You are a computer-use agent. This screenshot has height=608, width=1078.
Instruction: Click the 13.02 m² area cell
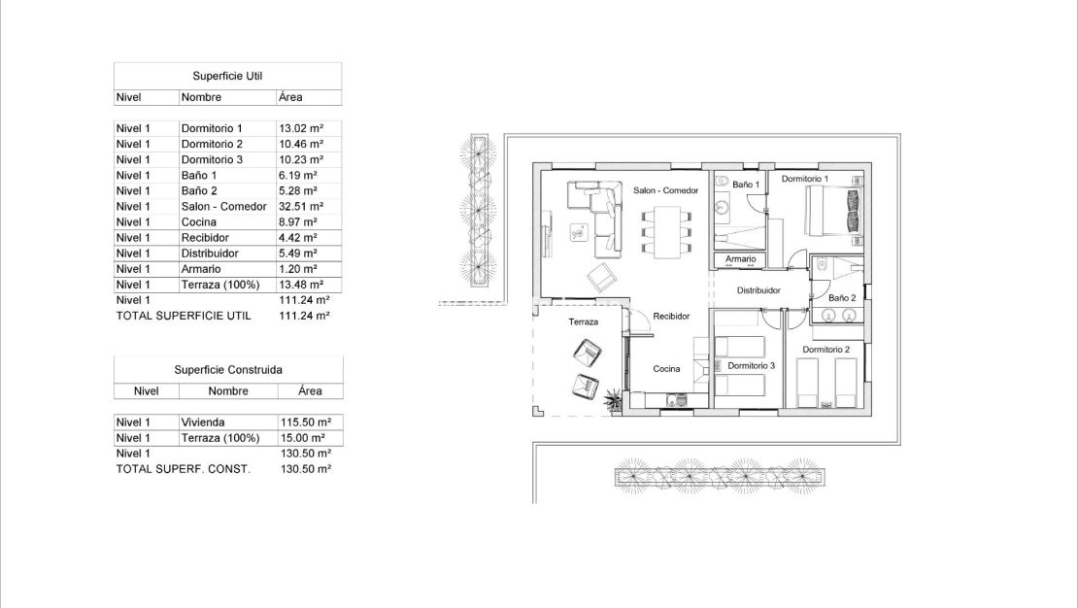tap(301, 128)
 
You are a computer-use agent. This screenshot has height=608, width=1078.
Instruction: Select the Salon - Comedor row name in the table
tap(223, 207)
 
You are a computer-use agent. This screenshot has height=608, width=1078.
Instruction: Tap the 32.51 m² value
tap(301, 207)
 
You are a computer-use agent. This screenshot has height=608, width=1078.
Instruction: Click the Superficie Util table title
tap(227, 75)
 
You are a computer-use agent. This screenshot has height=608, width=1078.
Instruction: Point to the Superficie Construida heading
tap(227, 369)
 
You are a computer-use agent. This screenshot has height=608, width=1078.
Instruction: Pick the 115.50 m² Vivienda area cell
tap(305, 422)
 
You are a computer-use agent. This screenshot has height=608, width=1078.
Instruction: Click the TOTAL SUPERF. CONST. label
tap(183, 469)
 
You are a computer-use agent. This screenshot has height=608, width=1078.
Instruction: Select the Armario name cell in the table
tap(201, 269)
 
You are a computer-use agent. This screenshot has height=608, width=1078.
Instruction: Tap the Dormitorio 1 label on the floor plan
tap(805, 180)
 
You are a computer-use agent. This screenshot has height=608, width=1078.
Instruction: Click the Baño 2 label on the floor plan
tap(842, 297)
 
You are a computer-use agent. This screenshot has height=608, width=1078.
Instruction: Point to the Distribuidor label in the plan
tap(759, 290)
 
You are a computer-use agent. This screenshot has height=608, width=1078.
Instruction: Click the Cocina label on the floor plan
tap(666, 369)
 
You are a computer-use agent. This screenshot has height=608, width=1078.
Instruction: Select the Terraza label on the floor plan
tap(583, 321)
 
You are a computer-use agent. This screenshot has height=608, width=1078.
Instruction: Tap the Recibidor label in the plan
tap(671, 317)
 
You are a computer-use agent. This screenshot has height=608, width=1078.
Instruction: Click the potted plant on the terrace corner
tap(613, 398)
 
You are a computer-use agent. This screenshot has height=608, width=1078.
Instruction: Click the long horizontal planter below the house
tap(721, 476)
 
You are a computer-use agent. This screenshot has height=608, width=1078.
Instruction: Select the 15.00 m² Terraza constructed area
tap(305, 438)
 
